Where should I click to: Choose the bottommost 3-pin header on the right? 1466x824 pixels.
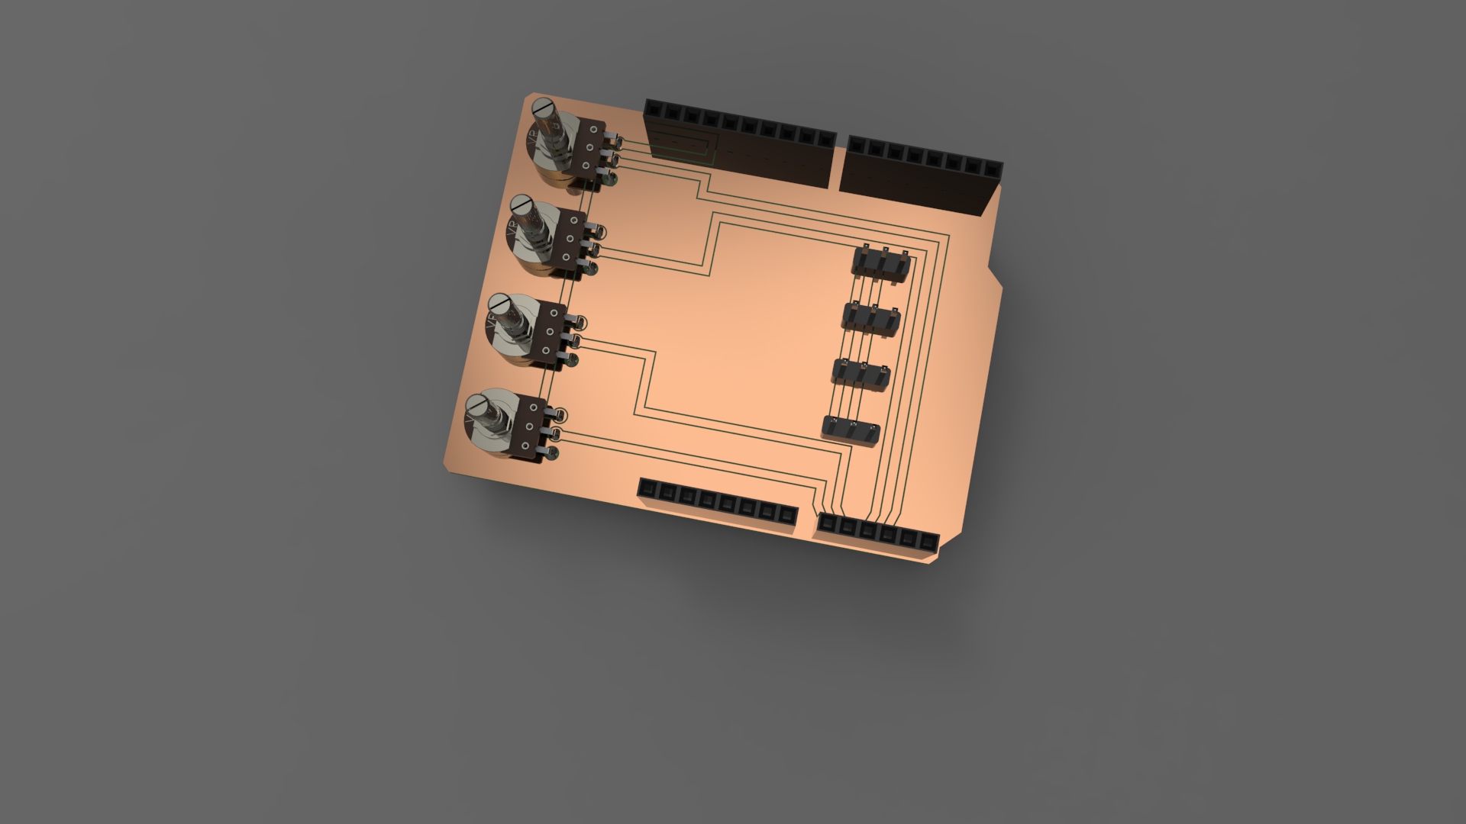851,432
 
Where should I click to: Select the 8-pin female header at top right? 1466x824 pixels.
921,175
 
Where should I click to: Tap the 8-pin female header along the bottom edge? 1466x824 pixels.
717,504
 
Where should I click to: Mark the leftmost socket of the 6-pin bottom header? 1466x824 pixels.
828,524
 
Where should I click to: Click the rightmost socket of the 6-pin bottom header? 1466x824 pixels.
928,542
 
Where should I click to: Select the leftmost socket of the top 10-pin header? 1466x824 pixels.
654,111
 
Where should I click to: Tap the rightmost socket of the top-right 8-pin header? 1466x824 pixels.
992,169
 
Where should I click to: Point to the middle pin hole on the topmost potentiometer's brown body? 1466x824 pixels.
589,149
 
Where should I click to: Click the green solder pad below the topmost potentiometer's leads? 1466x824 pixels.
612,181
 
